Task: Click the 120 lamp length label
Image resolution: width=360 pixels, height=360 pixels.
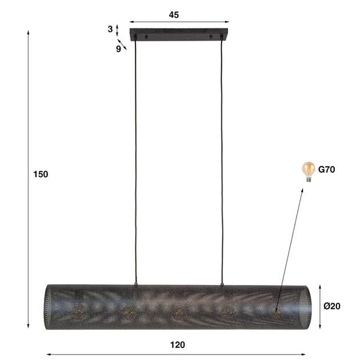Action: [178, 344]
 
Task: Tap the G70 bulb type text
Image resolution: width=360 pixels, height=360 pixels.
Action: [326, 170]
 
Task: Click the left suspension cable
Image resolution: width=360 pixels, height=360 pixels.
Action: [137, 162]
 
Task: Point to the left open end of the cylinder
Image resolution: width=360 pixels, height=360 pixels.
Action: [50, 306]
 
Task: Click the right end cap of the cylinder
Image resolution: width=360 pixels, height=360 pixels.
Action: [304, 306]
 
